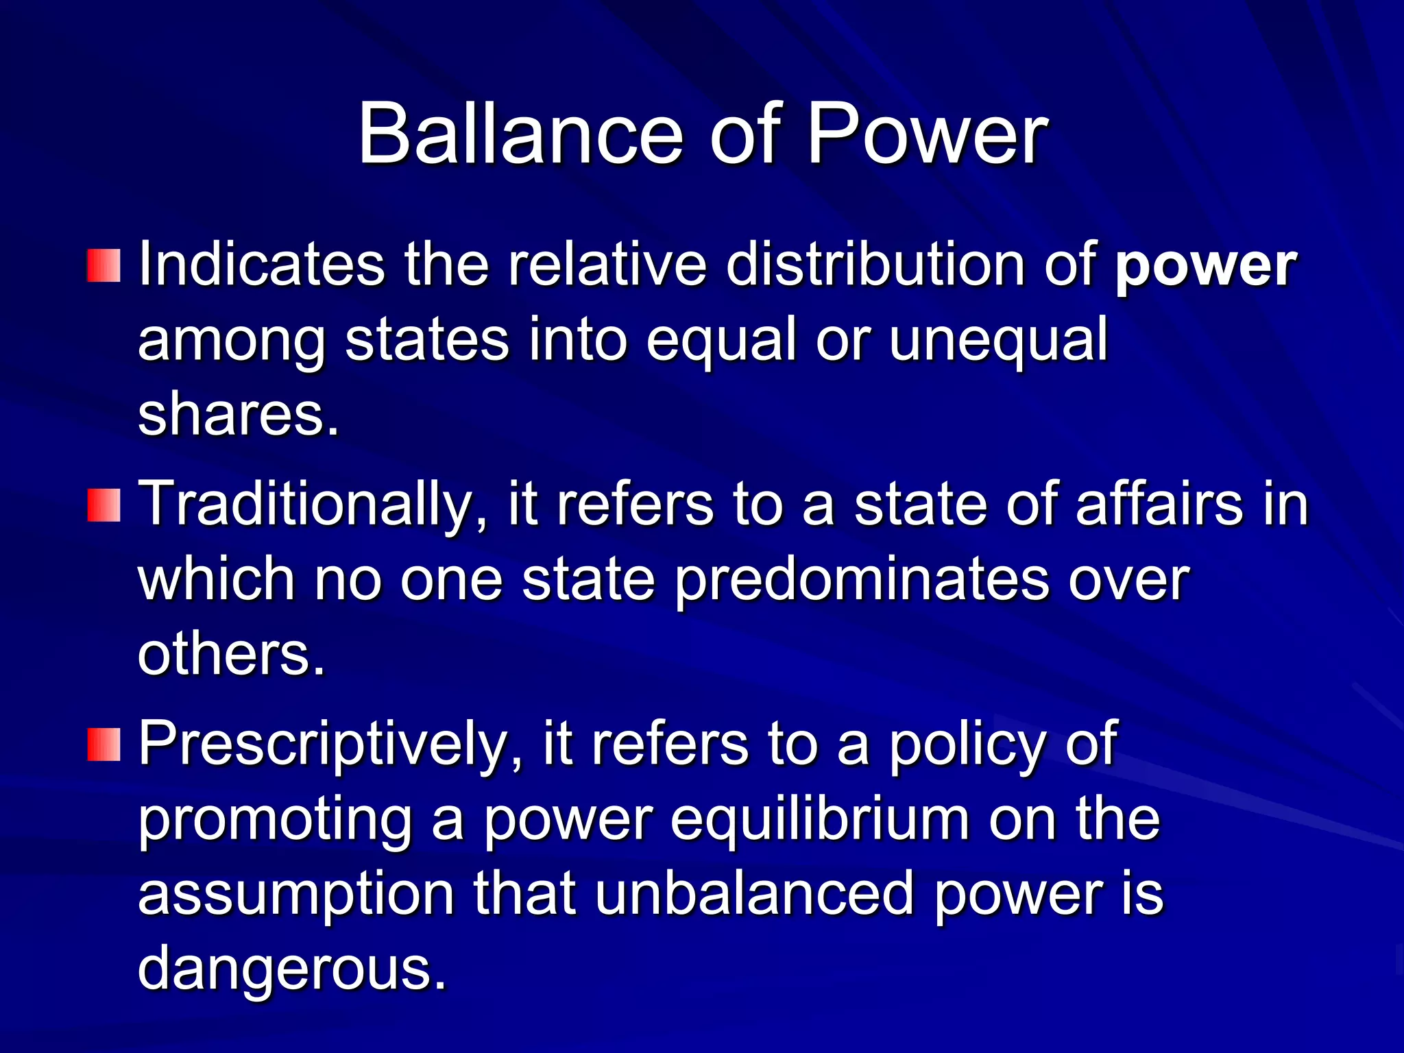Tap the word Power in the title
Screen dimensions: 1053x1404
point(927,134)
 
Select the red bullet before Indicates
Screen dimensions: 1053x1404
point(104,266)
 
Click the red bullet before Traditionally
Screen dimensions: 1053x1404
point(104,505)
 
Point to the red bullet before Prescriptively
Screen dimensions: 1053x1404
point(104,745)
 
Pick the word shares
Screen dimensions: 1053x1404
point(238,415)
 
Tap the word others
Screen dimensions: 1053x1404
point(231,654)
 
